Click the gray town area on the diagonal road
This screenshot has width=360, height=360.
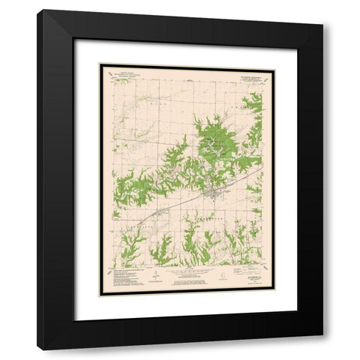pyautogui.click(x=216, y=196)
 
